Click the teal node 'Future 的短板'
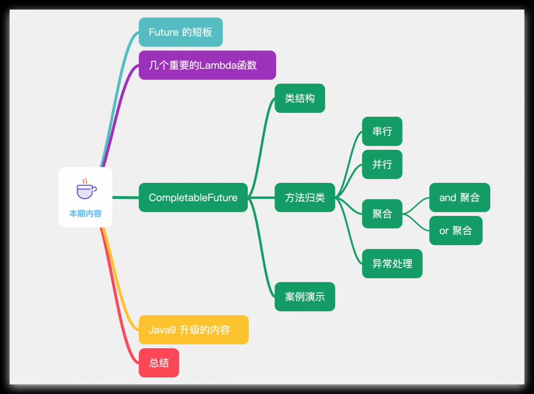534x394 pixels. pyautogui.click(x=180, y=32)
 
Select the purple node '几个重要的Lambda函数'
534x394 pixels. pyautogui.click(x=207, y=65)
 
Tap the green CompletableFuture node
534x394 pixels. pyautogui.click(x=193, y=197)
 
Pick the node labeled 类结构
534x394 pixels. pyautogui.click(x=300, y=98)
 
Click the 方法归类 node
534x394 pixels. pyautogui.click(x=304, y=197)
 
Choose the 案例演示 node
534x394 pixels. pyautogui.click(x=304, y=296)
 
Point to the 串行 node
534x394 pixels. pyautogui.click(x=382, y=131)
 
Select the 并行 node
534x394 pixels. pyautogui.click(x=382, y=164)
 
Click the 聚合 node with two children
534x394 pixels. pyautogui.click(x=382, y=214)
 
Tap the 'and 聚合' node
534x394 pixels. pyautogui.click(x=459, y=197)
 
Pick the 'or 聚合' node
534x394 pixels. pyautogui.click(x=456, y=230)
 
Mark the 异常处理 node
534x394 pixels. pyautogui.click(x=392, y=263)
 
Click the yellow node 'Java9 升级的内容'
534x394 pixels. pyautogui.click(x=193, y=329)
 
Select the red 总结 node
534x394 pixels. pyautogui.click(x=159, y=363)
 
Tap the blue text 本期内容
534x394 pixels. pyautogui.click(x=85, y=213)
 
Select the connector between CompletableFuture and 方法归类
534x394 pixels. pyautogui.click(x=261, y=197)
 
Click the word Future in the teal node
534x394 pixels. pyautogui.click(x=163, y=32)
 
